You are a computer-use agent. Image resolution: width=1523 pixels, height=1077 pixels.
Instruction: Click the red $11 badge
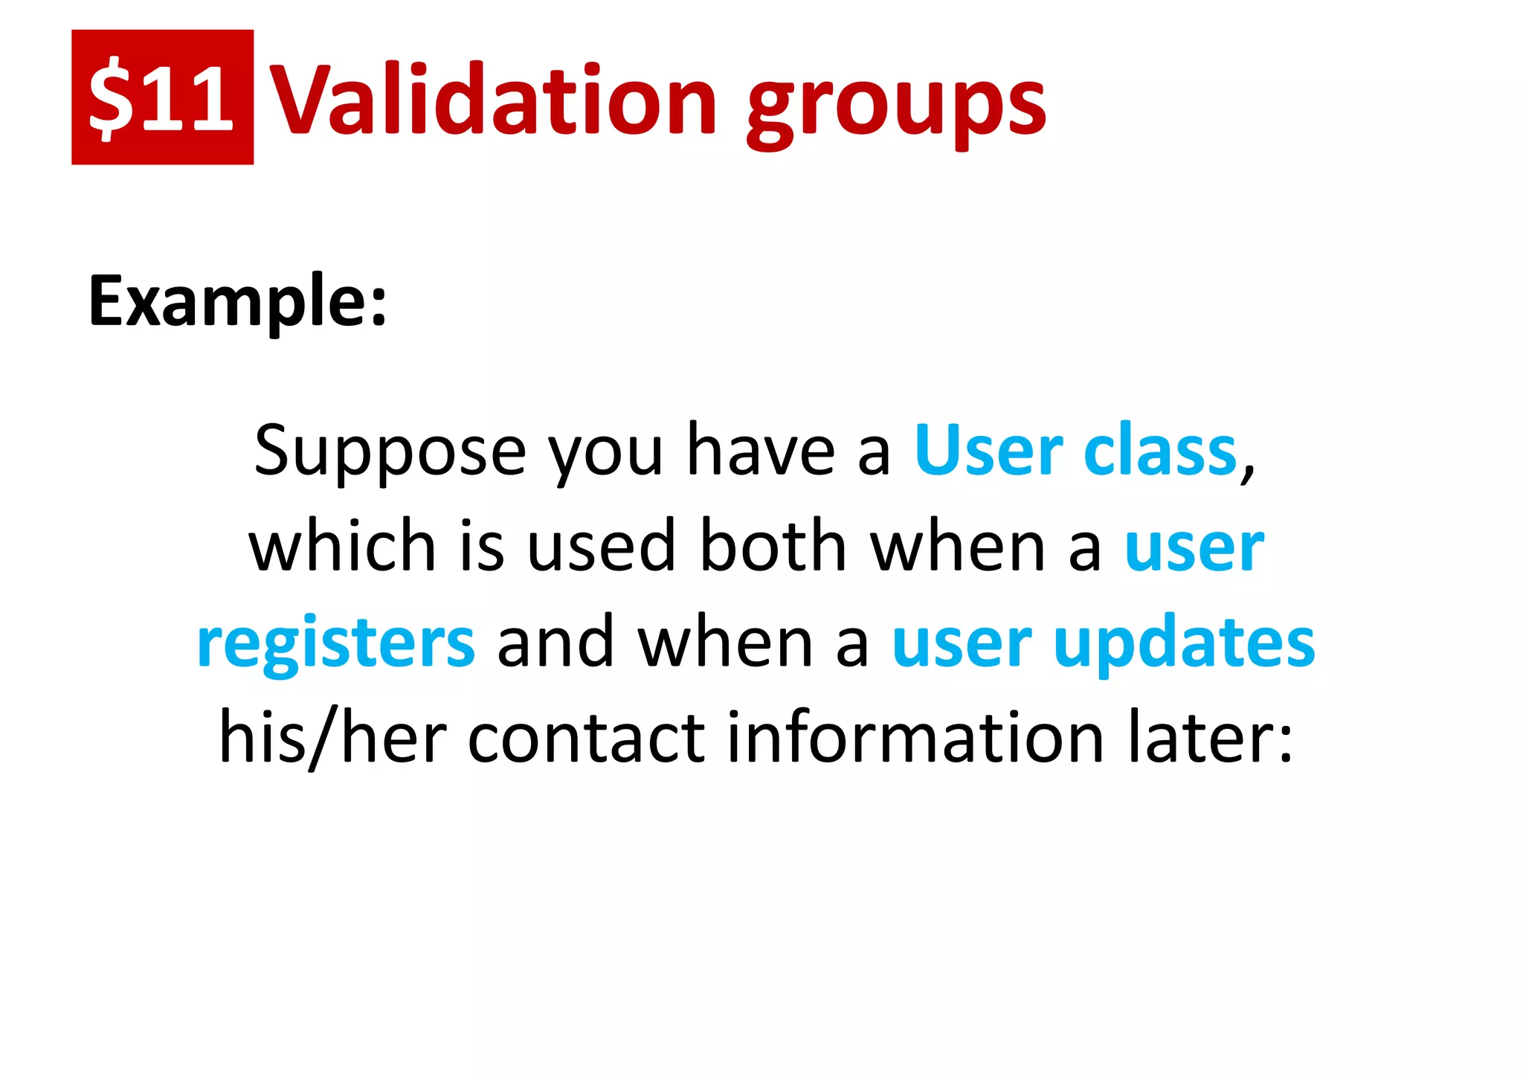click(x=162, y=97)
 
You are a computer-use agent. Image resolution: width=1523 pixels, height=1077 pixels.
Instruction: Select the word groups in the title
click(x=897, y=104)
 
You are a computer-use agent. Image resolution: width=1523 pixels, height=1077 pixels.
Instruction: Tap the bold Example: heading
click(x=238, y=301)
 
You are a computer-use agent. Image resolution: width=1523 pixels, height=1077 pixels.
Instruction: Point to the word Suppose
click(x=390, y=451)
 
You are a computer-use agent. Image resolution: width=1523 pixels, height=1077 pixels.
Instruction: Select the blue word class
click(x=1160, y=451)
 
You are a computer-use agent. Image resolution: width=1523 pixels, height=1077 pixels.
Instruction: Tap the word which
click(x=342, y=547)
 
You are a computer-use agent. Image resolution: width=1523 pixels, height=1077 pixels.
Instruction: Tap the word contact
click(x=586, y=738)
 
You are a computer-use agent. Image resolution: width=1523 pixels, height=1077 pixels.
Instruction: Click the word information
click(x=915, y=738)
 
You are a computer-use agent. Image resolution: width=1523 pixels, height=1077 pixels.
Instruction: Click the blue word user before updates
click(x=962, y=643)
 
